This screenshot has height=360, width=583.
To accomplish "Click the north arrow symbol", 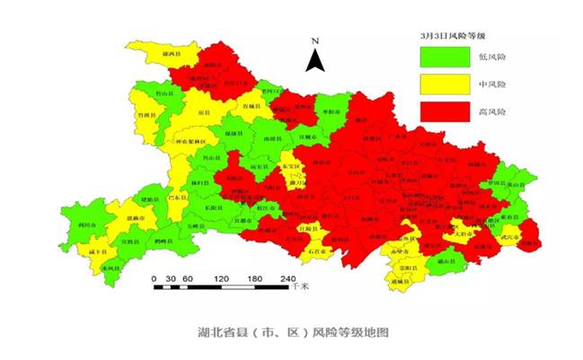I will click(314, 60).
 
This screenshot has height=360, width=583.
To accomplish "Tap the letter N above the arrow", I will click(314, 41).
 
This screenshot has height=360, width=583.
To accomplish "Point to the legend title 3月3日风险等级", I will click(457, 35).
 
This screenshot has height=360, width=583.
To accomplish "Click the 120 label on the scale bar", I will click(221, 277).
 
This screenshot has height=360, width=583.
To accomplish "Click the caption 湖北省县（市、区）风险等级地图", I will click(293, 331).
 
